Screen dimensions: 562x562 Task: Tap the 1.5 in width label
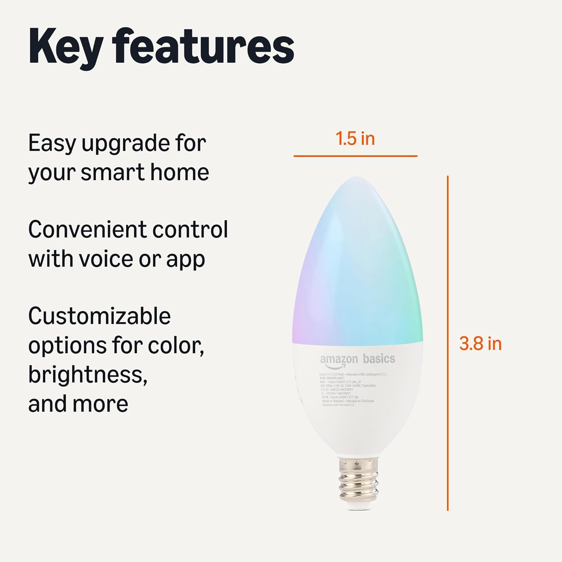point(355,139)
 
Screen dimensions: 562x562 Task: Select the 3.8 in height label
point(480,344)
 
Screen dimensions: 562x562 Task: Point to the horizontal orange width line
point(355,156)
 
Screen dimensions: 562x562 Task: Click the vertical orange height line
point(448,343)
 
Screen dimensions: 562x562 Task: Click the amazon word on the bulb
point(339,359)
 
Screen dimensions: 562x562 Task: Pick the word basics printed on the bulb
point(379,359)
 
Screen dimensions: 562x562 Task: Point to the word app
point(185,260)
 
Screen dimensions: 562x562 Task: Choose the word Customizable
point(99,316)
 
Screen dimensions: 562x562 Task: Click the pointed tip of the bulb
point(357,179)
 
